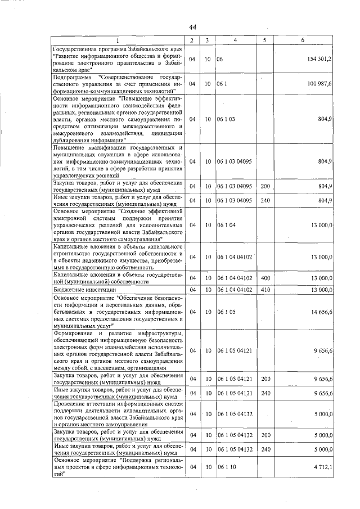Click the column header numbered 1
point(118,40)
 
